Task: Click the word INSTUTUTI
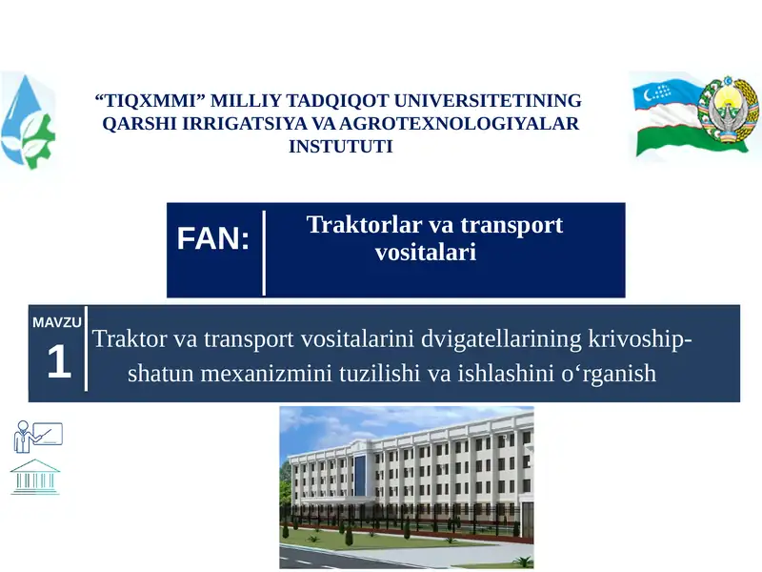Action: [340, 147]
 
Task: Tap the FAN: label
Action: [213, 239]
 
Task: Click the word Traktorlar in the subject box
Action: [362, 226]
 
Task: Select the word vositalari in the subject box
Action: [426, 254]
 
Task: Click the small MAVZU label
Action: [57, 322]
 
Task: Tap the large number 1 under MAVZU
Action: [59, 363]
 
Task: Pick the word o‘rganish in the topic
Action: [610, 374]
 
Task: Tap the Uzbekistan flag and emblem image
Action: [694, 118]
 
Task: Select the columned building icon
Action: [35, 476]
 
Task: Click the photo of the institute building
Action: [407, 487]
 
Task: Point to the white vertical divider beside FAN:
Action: [264, 253]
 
